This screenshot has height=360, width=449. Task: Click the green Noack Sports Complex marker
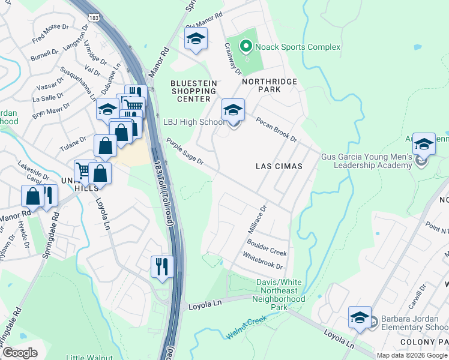[x=245, y=46]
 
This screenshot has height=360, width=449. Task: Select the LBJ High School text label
[x=193, y=122]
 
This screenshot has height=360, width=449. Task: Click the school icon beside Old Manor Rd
[x=195, y=40]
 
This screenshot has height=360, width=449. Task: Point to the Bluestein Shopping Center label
[x=191, y=91]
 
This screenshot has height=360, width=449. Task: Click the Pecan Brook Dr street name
[x=276, y=129]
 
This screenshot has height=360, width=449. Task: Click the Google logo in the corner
[x=20, y=352]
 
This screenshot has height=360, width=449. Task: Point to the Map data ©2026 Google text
[x=411, y=355]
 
